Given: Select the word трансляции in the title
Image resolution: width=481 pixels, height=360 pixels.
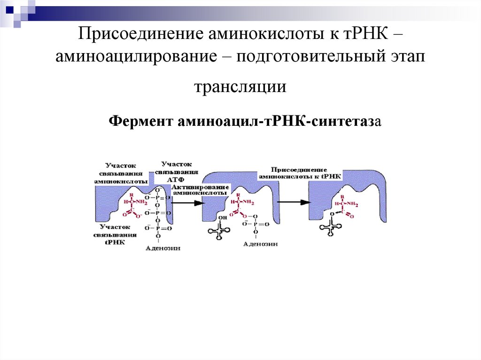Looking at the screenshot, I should point(240,87).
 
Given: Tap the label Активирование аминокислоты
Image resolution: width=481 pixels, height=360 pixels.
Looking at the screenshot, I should point(200,190).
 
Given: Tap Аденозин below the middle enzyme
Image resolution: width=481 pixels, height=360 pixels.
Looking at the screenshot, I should point(260,244).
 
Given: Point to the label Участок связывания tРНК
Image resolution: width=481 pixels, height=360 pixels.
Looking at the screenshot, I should point(115,234).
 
